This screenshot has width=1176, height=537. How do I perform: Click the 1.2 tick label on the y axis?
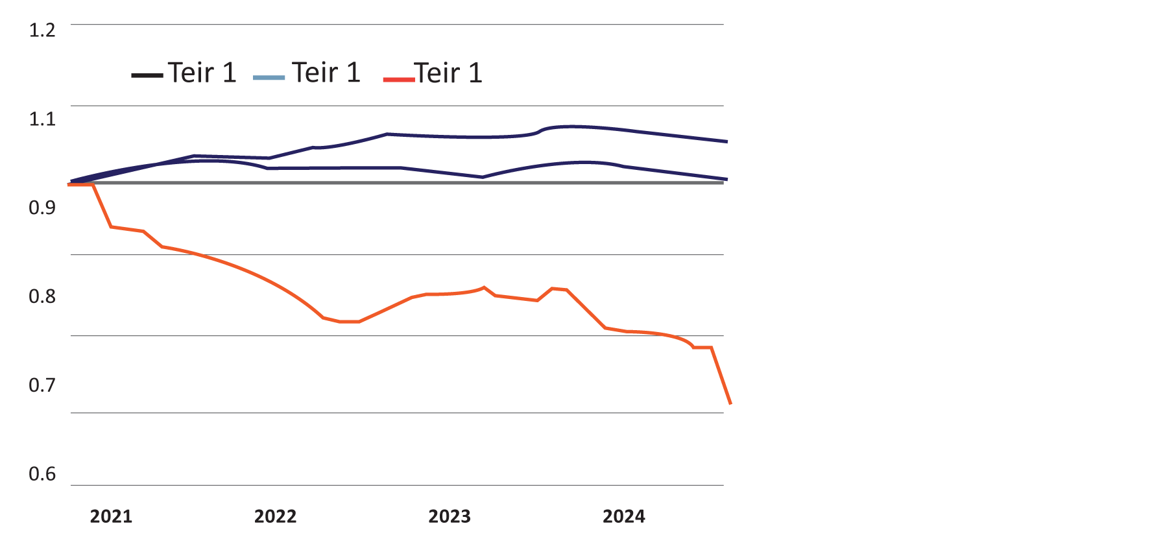pos(42,30)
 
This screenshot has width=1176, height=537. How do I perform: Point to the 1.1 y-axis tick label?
pos(42,119)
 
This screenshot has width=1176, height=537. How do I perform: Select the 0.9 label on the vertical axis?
pos(42,208)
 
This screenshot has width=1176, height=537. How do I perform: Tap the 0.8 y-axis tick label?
pos(42,296)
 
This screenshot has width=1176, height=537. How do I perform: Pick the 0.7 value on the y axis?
pos(42,385)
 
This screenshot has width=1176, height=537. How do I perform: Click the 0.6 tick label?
pos(42,474)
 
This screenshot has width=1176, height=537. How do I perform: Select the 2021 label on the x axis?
pos(111,516)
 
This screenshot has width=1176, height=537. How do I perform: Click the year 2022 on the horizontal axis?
pos(275,516)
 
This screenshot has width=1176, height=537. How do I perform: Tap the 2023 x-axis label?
pos(450,516)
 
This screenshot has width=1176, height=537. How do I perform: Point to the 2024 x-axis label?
pos(624,516)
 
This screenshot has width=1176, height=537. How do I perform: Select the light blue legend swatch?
pos(269,78)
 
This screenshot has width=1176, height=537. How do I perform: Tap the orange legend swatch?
pos(398,79)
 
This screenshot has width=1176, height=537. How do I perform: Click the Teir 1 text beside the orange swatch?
pos(449,73)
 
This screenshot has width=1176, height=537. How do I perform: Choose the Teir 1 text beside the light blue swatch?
pos(326,73)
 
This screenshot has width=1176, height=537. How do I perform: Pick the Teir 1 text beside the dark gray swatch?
pos(202,73)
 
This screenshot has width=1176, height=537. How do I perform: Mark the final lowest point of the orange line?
pos(730,403)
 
